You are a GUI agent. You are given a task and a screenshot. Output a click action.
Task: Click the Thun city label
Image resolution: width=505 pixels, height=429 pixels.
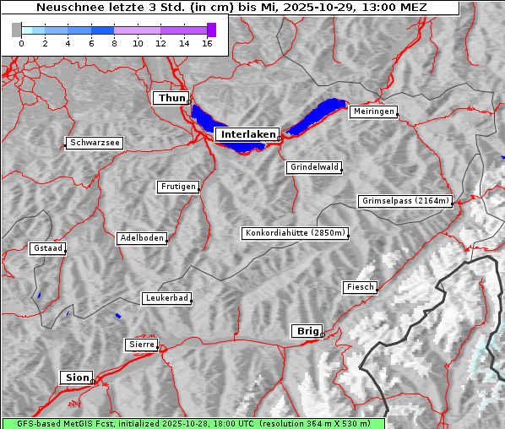coord(171,99)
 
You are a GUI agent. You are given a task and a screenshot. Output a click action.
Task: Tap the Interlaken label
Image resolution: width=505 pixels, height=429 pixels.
coord(247,134)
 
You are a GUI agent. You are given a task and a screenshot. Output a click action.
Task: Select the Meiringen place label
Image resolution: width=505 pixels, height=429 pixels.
coord(372,111)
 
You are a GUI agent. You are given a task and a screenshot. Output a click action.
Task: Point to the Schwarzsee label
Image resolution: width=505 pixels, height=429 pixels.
coord(95,143)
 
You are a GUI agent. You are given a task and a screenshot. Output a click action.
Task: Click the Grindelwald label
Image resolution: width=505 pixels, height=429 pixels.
coord(314,167)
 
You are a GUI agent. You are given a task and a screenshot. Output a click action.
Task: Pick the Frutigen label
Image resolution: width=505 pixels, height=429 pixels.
coord(177,187)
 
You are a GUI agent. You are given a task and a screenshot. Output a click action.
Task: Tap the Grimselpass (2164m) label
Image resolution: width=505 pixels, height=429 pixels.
coord(405,201)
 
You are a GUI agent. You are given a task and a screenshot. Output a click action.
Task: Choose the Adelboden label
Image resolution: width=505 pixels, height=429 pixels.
coord(141,238)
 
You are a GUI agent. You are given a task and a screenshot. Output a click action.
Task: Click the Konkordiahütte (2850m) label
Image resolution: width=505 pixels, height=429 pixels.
coord(295,233)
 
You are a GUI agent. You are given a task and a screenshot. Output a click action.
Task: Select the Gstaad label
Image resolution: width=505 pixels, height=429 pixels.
coord(47,248)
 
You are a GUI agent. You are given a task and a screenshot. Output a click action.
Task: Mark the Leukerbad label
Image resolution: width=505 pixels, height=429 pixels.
coord(166,298)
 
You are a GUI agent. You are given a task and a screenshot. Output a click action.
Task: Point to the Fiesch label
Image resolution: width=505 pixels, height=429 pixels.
coord(359,287)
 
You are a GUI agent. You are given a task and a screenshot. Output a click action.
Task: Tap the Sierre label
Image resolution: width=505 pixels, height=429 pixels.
coord(141,345)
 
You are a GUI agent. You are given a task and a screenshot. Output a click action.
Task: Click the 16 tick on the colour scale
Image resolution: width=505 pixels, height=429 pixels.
coord(207,43)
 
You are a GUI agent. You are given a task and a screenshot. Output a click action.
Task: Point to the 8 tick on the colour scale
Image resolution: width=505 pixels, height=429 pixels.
coord(114,43)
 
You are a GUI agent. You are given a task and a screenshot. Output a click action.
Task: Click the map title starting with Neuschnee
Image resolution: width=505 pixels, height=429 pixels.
coord(231,8)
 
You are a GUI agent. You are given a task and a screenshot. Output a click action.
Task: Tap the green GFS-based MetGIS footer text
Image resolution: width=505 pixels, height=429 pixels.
coord(193,423)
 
